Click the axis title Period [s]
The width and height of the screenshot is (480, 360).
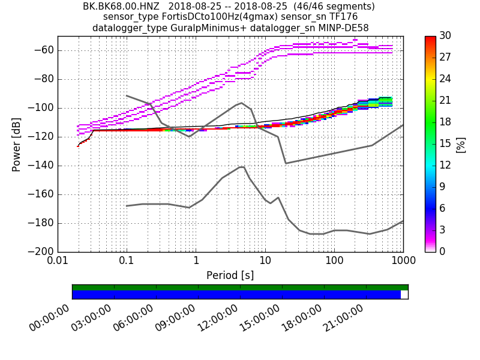[230, 275]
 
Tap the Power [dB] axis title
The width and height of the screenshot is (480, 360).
[17, 144]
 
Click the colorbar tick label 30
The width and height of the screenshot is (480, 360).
[446, 37]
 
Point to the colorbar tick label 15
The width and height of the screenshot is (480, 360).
[446, 144]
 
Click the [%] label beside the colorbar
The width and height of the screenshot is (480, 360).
[461, 144]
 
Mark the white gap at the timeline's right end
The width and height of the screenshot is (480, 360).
[404, 295]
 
